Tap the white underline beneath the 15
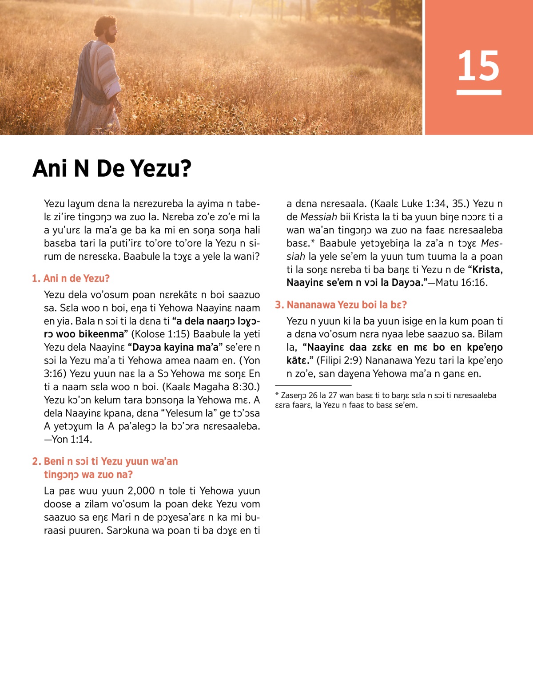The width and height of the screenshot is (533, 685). [x=478, y=92]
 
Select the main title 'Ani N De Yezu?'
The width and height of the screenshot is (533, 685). [x=112, y=169]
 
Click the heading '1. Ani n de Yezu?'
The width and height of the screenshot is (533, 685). [x=71, y=278]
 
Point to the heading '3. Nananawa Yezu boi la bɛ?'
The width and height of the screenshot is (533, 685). [x=341, y=305]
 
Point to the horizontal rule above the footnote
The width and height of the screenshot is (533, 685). [x=313, y=385]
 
